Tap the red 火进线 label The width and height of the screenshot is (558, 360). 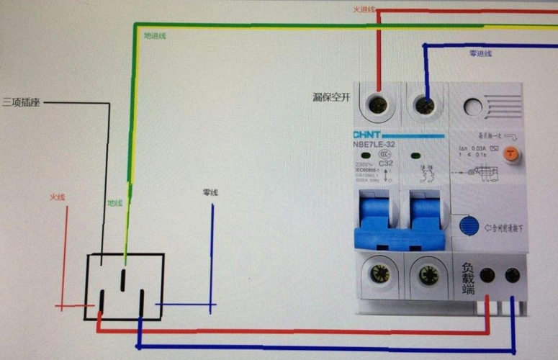point(364,9)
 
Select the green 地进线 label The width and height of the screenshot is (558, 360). point(155,35)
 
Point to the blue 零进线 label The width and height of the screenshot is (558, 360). point(480,53)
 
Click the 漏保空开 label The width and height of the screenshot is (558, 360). point(331,97)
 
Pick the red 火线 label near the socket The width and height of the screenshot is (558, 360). point(58,197)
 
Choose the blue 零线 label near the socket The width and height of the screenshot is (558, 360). point(210,193)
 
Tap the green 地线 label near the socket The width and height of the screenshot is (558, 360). point(115,203)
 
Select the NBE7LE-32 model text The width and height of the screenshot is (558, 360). point(374,144)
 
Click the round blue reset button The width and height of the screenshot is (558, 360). point(469,225)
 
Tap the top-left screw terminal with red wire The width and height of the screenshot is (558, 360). point(377,106)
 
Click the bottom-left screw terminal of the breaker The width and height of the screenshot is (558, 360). point(378,274)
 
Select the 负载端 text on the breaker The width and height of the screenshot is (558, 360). point(467,278)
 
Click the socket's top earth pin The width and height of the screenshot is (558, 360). point(124,276)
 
